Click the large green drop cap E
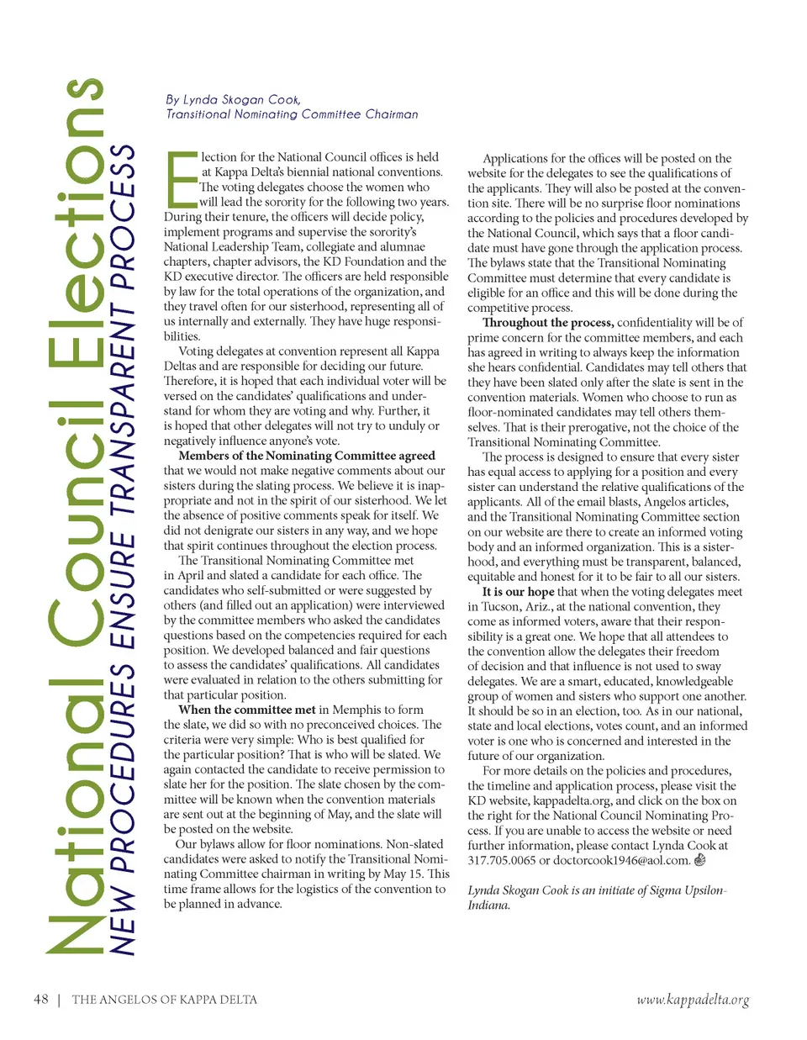pos(181,179)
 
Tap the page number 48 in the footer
pos(40,1000)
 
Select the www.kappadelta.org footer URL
pos(693,1000)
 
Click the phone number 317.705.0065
pos(501,860)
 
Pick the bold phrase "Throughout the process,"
pos(547,323)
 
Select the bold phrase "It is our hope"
pos(518,592)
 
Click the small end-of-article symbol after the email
pos(699,860)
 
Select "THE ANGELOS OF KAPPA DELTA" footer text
pos(165,1000)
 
